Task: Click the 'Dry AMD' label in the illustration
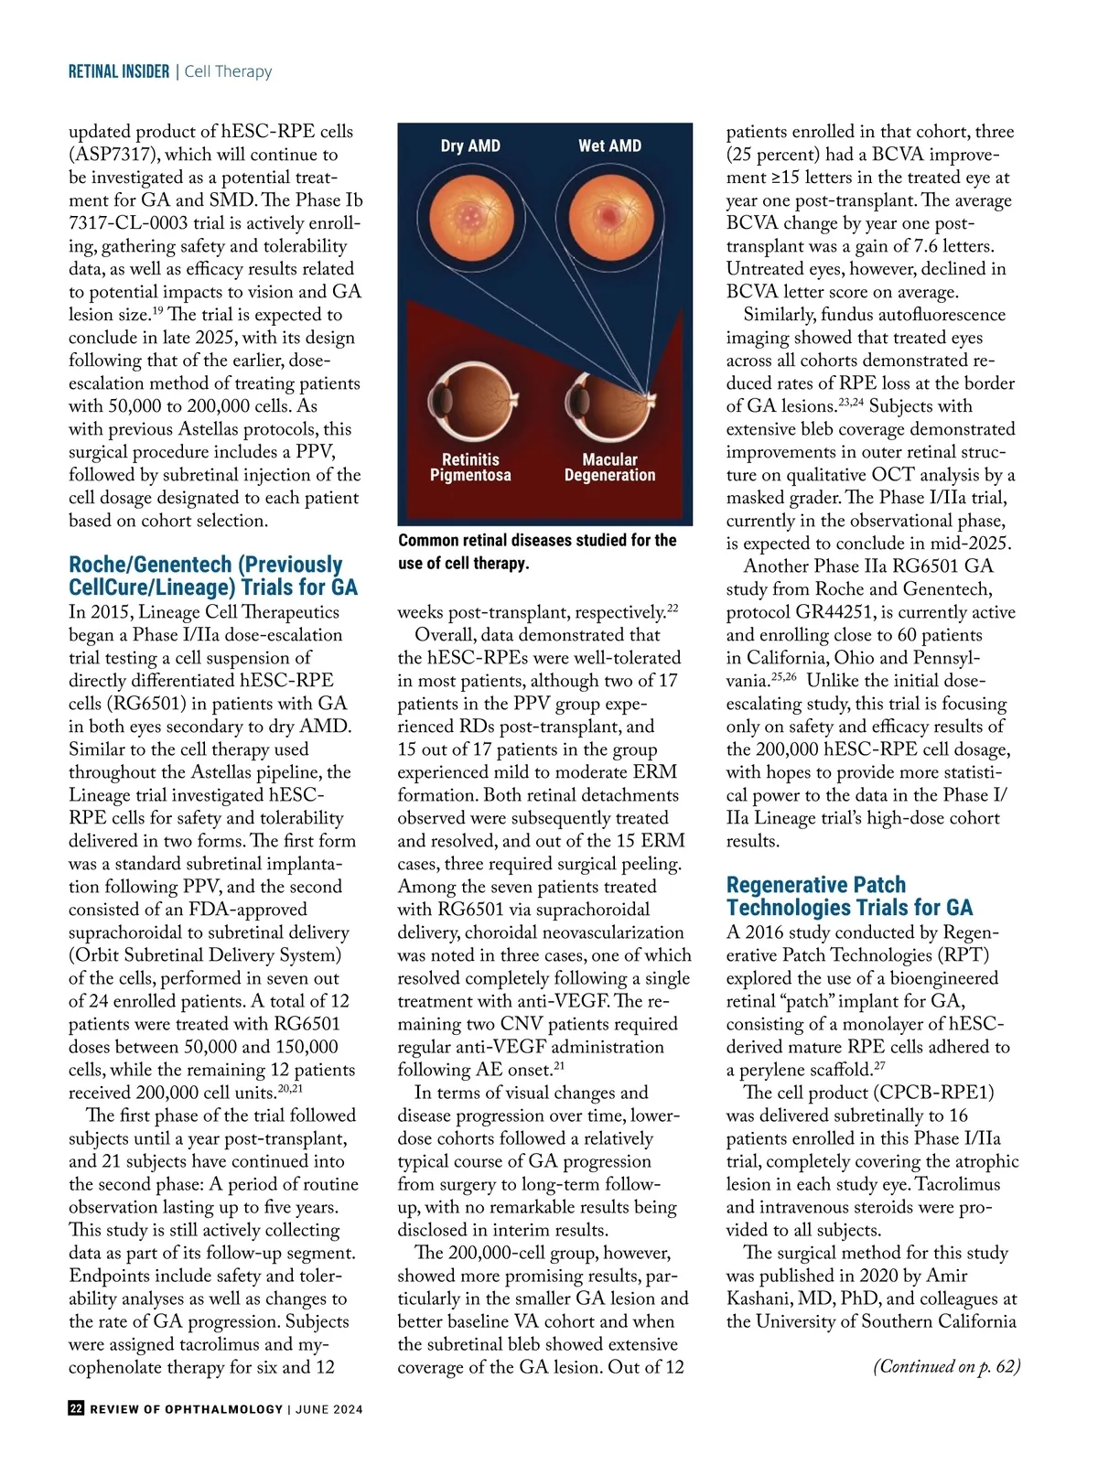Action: [470, 145]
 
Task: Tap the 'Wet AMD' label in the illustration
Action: [609, 145]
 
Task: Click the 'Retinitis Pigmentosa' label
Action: [470, 468]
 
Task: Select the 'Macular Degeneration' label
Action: [609, 468]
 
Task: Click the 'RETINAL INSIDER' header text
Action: [119, 71]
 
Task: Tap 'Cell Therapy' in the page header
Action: [228, 71]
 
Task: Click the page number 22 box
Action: [76, 1408]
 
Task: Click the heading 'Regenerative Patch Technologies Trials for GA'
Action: [849, 896]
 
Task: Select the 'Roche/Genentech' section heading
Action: [213, 576]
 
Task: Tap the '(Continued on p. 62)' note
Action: [946, 1366]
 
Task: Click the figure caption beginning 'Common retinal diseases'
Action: [537, 552]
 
